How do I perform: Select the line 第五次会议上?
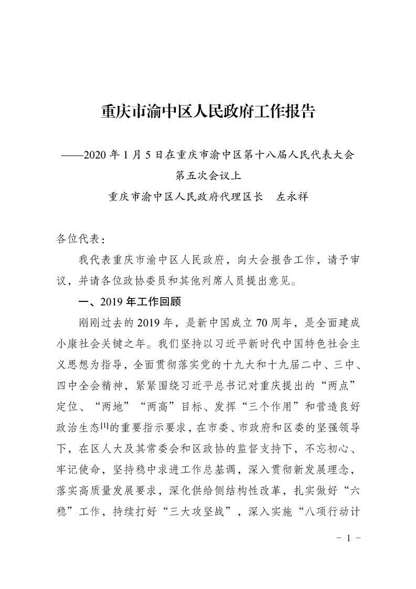(208, 175)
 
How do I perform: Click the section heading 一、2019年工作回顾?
(129, 302)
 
